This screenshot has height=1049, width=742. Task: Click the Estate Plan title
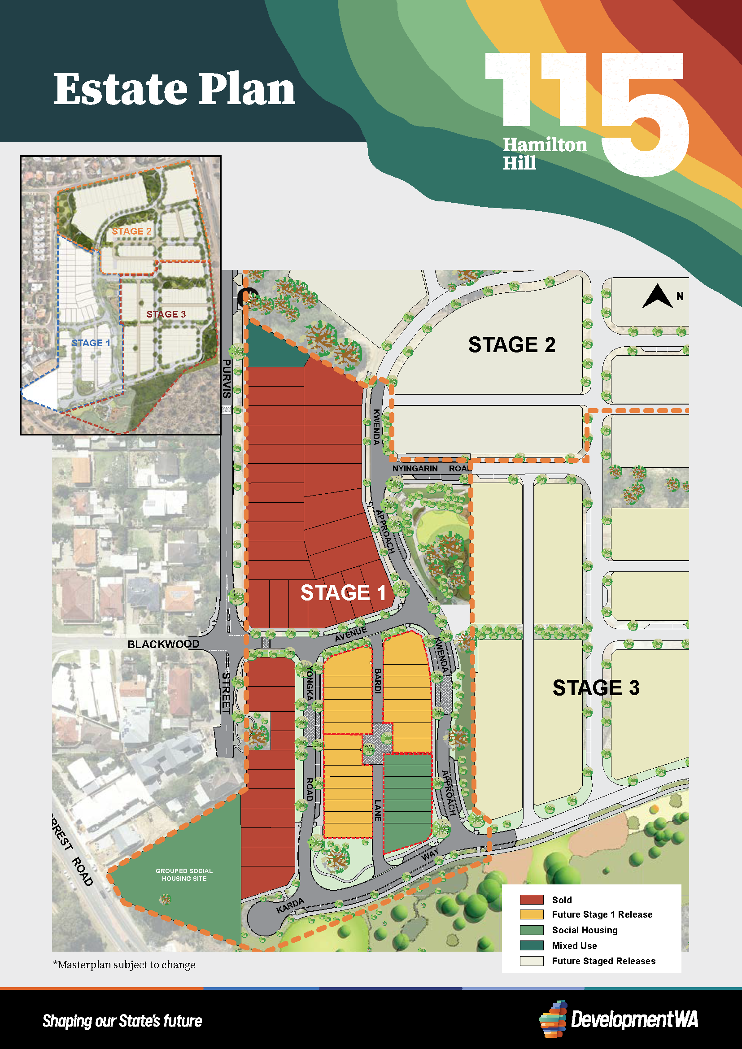point(175,89)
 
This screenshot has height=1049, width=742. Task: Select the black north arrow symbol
point(658,296)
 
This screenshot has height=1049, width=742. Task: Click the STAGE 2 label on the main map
point(511,345)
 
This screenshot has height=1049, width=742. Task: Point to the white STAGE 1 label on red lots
point(343,592)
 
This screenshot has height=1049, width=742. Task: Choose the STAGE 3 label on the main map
point(596,688)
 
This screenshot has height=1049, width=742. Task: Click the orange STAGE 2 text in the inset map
point(131,231)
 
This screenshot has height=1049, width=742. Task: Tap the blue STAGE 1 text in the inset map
point(91,343)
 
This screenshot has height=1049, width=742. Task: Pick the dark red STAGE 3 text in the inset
point(166,314)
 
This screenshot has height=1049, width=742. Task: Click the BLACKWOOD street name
point(163,644)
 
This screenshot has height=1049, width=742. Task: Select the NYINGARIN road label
point(415,468)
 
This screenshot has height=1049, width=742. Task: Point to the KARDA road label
point(290,905)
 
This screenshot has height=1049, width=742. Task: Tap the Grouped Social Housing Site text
point(184,875)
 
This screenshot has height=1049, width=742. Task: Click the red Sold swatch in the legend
point(531,900)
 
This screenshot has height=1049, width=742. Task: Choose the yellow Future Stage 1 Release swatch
point(531,914)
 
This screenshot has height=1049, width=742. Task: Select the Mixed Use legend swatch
point(531,945)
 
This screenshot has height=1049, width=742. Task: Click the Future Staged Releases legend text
point(603,961)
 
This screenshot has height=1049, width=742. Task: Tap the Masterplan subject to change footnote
point(124,965)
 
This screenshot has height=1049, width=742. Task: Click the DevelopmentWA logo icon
point(553,1019)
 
